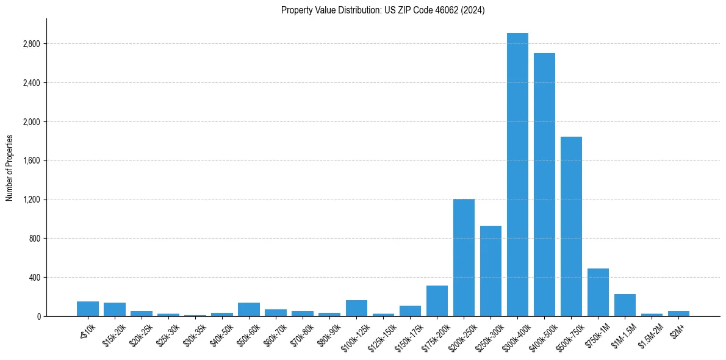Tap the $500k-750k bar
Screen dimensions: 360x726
tap(571, 226)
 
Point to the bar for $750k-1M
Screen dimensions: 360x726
tap(598, 292)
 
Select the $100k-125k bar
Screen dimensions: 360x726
tap(356, 308)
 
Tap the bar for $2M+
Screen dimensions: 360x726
tap(678, 314)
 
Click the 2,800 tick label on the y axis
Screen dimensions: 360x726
tap(31, 44)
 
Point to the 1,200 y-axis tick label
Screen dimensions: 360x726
tap(31, 200)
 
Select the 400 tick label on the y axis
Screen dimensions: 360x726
tap(34, 278)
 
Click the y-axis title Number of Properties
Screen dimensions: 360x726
tap(10, 167)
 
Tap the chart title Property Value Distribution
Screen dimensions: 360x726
tap(383, 10)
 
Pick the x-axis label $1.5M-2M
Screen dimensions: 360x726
tap(650, 335)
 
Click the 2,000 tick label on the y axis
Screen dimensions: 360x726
tap(31, 122)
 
